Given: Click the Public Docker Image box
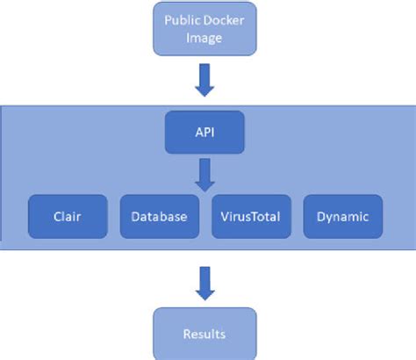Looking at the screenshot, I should click(x=204, y=29).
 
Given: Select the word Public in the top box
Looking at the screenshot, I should click(x=173, y=19).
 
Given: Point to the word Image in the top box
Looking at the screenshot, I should click(x=204, y=38).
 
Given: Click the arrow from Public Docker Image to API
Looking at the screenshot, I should click(x=204, y=80).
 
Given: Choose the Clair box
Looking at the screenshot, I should click(x=68, y=216).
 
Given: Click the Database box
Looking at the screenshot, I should click(x=159, y=216).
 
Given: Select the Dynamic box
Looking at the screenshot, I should click(x=342, y=216).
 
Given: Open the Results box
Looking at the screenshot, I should click(x=204, y=332).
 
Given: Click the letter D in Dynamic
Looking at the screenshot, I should click(x=319, y=216).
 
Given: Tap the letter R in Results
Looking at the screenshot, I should click(x=186, y=334).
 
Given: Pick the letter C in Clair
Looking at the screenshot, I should click(x=56, y=216).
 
